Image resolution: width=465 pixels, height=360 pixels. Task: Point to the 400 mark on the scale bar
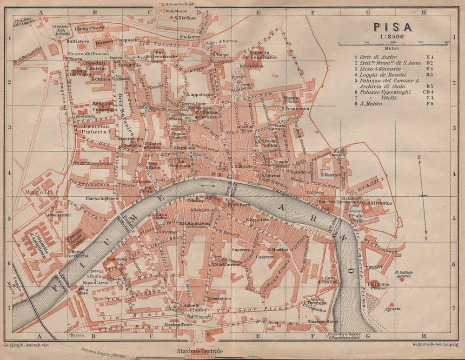coord(446,42)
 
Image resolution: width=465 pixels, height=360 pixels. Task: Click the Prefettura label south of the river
coord(239,204)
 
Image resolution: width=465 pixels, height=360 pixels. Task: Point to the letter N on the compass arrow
coord(419,157)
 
